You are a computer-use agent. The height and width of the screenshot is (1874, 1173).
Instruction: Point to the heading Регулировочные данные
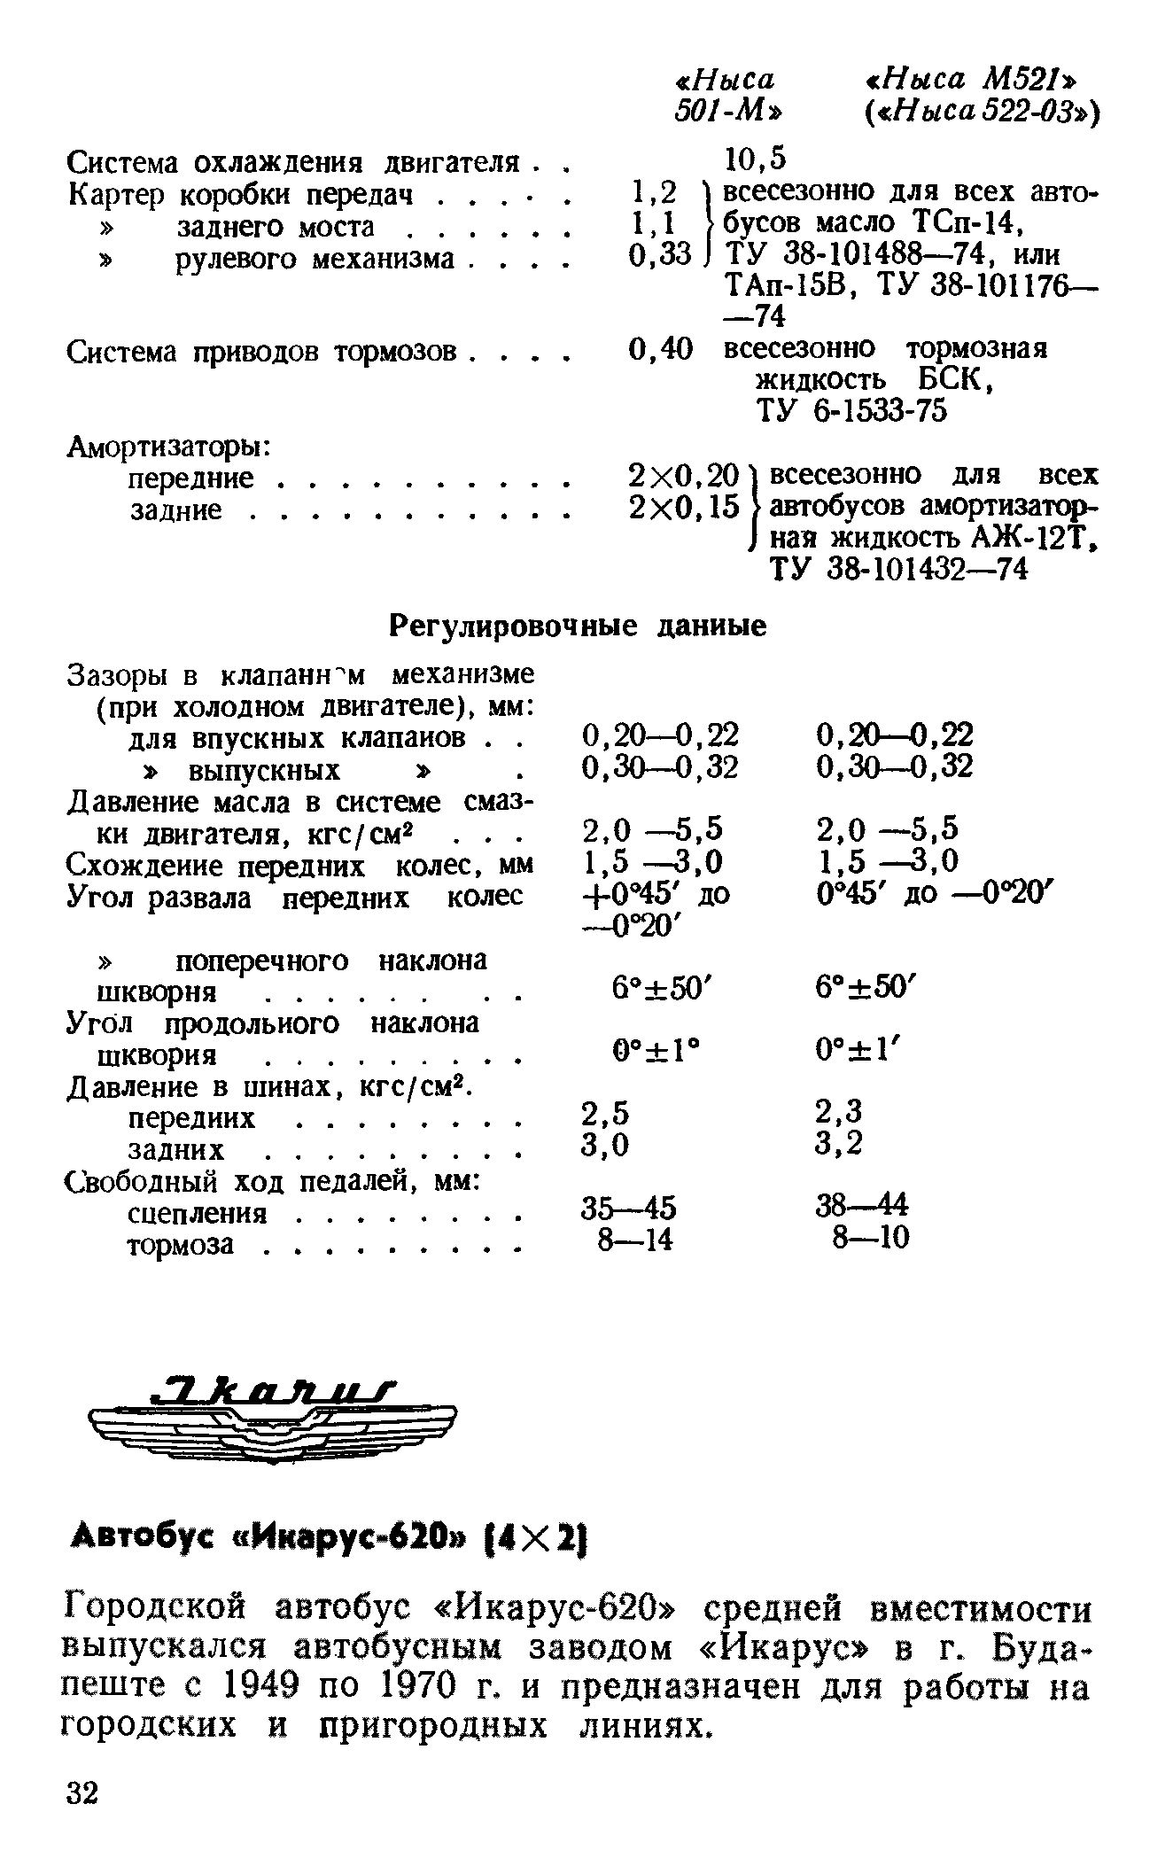[x=579, y=626]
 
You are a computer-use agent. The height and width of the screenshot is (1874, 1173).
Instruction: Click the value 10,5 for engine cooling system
[x=756, y=159]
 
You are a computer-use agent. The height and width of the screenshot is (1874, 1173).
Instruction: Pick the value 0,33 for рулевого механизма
[x=658, y=256]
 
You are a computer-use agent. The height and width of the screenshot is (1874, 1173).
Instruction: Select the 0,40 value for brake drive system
[x=660, y=349]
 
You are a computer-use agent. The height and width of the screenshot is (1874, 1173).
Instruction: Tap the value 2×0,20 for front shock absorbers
[x=682, y=477]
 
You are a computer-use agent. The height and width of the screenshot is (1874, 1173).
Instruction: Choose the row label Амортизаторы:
[x=169, y=447]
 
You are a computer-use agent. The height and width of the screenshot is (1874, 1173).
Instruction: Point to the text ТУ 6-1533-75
[x=851, y=411]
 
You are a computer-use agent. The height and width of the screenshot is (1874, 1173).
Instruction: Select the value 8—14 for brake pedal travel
[x=635, y=1239]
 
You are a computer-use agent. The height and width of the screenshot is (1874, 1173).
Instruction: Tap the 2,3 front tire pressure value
[x=838, y=1111]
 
